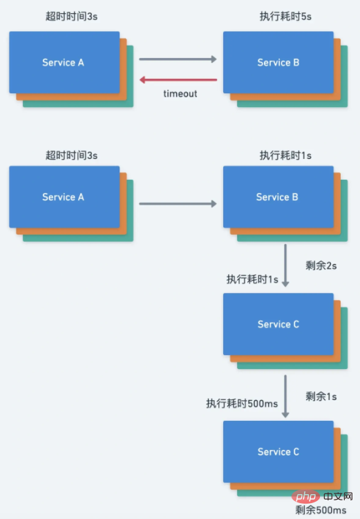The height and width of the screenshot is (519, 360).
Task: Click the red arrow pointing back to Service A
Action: point(178,79)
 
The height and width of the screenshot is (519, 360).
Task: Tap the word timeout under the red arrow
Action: point(180,93)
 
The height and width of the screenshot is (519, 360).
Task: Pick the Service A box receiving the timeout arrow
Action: point(64,63)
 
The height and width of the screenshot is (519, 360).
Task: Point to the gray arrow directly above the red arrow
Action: point(178,59)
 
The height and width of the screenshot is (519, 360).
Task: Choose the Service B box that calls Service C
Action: point(278,197)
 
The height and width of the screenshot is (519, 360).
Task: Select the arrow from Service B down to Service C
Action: point(285,265)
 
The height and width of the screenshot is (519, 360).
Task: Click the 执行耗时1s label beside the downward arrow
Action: point(252,279)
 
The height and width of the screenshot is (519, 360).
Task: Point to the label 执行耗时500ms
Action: point(241,403)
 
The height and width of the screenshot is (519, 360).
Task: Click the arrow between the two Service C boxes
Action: point(285,395)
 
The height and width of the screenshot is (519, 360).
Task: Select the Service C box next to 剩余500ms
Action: point(278,452)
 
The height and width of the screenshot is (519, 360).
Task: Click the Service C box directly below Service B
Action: point(278,324)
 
